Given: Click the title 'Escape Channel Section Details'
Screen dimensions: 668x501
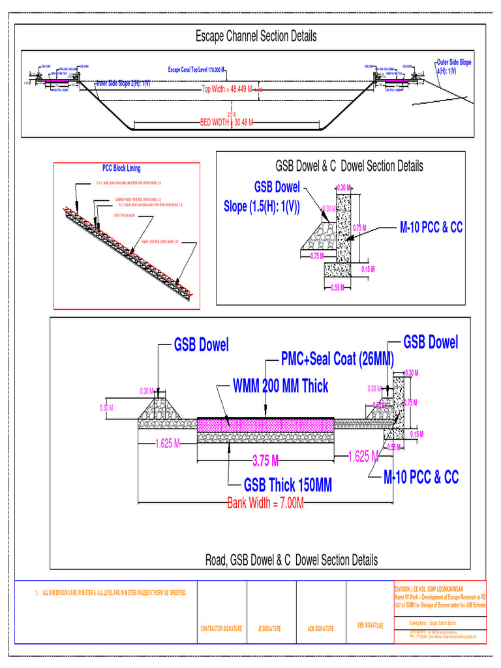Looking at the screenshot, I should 256,37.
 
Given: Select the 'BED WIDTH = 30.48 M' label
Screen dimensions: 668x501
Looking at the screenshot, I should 226,122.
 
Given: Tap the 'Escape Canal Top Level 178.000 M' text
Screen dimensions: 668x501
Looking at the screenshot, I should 196,69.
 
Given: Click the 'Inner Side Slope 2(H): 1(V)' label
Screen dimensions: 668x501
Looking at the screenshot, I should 123,83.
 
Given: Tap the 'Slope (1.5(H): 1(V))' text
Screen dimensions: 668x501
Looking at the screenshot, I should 262,207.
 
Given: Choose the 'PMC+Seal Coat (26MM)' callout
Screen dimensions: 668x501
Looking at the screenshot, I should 337,359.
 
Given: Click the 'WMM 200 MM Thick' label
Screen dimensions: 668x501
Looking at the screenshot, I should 281,386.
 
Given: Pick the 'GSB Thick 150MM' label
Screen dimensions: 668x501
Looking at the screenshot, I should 288,485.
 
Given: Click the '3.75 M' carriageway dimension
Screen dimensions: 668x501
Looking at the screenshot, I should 266,461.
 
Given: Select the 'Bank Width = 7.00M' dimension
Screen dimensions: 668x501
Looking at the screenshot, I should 266,503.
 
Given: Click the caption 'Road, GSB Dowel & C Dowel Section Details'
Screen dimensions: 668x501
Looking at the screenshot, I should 292,560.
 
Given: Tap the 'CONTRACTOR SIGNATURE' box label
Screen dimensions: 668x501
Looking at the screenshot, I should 222,629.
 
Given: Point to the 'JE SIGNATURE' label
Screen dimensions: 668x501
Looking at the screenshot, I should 269,629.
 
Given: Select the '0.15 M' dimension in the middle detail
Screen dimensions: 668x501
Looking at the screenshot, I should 367,269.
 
